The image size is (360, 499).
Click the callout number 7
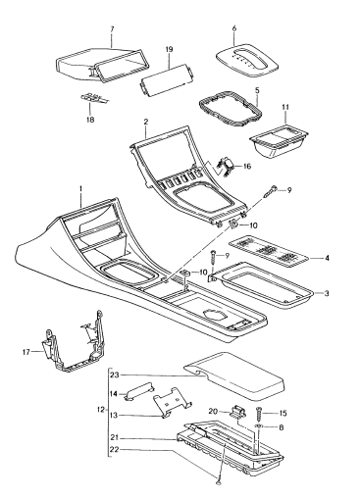click(112, 29)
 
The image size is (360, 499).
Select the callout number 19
click(169, 49)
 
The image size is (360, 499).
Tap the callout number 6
click(234, 28)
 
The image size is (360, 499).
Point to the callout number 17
click(26, 352)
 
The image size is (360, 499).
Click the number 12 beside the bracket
click(101, 409)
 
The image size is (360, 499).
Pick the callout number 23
click(114, 374)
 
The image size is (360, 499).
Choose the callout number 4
click(327, 258)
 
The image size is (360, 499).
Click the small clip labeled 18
click(94, 97)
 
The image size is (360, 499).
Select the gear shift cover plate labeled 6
click(247, 62)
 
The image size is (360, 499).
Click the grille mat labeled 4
click(268, 249)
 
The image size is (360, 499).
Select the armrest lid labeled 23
click(234, 375)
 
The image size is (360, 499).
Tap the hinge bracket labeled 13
click(173, 402)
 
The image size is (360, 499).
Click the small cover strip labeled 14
click(137, 390)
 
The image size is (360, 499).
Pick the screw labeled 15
click(259, 414)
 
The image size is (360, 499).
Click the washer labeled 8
click(259, 426)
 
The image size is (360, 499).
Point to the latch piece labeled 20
click(236, 411)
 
